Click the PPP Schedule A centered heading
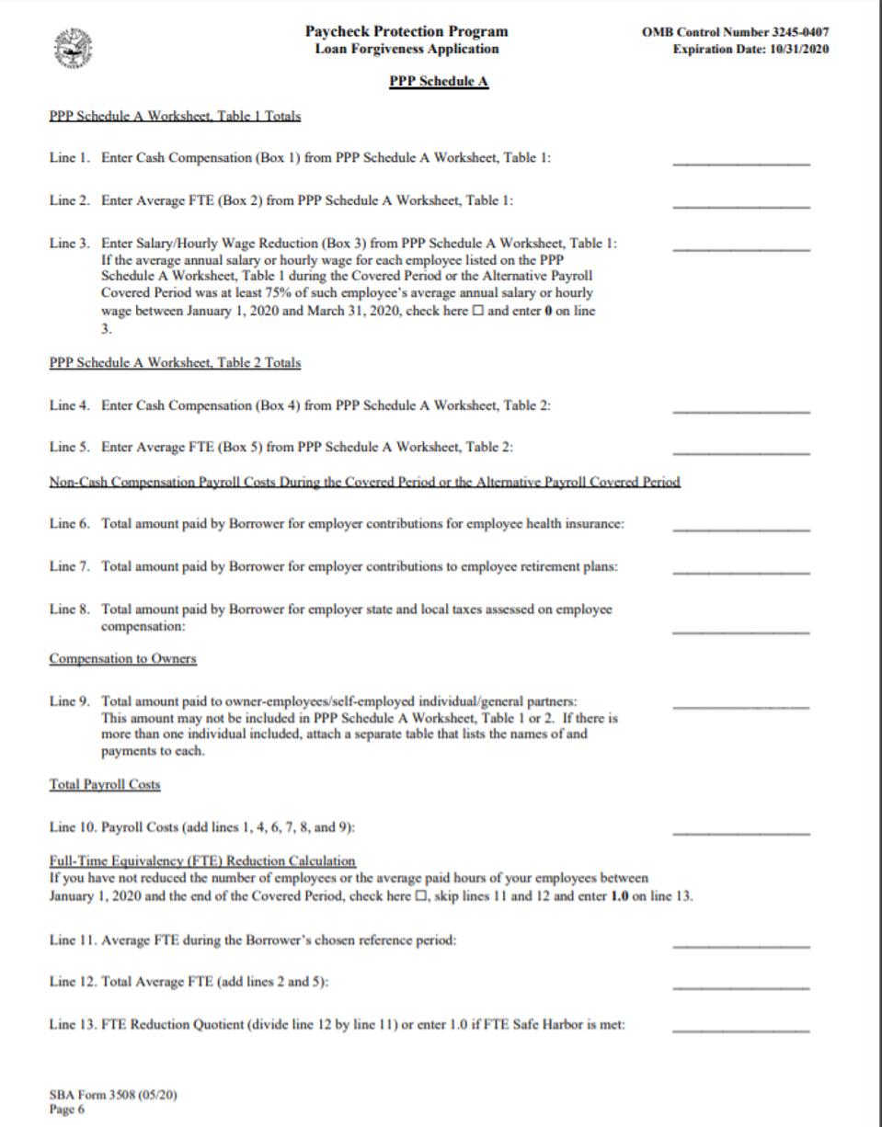(440, 83)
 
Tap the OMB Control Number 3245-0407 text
(736, 32)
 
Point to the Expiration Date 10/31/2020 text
(750, 49)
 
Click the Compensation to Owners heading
(122, 659)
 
